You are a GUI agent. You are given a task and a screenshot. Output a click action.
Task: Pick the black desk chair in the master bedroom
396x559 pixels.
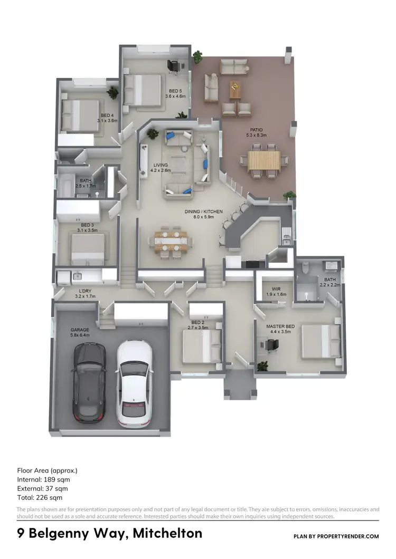271,345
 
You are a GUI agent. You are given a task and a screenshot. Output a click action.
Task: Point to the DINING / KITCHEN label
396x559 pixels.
203,215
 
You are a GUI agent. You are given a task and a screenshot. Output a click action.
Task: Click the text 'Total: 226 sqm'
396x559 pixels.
40,497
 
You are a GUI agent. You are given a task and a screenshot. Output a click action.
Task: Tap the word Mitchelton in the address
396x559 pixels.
167,533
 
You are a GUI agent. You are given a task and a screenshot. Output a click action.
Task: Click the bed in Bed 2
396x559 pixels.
201,348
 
